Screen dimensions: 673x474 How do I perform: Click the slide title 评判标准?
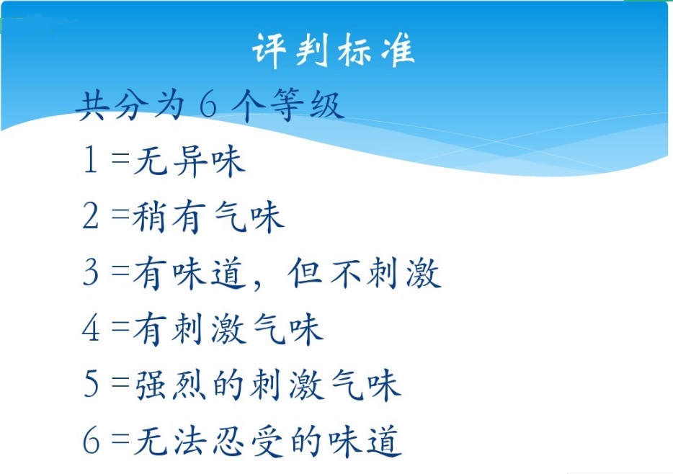[333, 50]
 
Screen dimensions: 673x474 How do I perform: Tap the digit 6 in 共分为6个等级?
[208, 104]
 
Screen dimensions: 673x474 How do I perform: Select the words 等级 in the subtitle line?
[308, 104]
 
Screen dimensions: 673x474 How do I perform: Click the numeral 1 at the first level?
[90, 160]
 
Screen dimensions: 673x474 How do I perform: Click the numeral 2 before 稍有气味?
[91, 216]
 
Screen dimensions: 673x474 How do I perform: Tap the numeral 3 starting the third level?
[91, 272]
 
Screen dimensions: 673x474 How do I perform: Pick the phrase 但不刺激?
[365, 273]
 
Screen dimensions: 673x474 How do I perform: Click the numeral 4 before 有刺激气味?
[91, 328]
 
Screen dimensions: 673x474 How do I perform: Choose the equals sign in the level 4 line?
[120, 326]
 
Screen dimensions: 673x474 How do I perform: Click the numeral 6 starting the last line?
[91, 440]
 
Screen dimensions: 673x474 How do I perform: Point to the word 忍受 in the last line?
[248, 441]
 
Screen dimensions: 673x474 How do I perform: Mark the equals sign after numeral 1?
[120, 158]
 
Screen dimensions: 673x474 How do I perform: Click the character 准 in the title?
[398, 50]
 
